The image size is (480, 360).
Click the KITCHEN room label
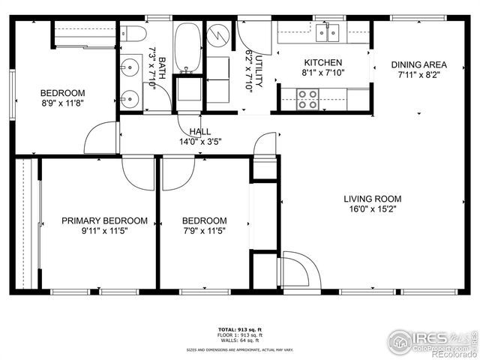click(x=322, y=62)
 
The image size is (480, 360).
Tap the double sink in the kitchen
click(x=327, y=32)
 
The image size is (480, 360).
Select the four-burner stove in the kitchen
click(x=307, y=99)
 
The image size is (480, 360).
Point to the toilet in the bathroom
click(x=134, y=34)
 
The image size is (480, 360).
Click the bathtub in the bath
click(x=187, y=46)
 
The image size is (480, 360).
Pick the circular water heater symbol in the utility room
click(x=217, y=34)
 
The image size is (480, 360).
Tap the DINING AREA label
click(x=418, y=64)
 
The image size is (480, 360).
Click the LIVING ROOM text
click(x=372, y=199)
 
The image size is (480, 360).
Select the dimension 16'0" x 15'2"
click(x=372, y=210)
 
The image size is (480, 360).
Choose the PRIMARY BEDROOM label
click(x=104, y=220)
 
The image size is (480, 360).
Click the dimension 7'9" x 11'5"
click(x=204, y=231)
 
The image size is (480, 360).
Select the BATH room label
click(x=161, y=67)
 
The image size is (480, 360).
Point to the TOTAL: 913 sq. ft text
click(x=239, y=329)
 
